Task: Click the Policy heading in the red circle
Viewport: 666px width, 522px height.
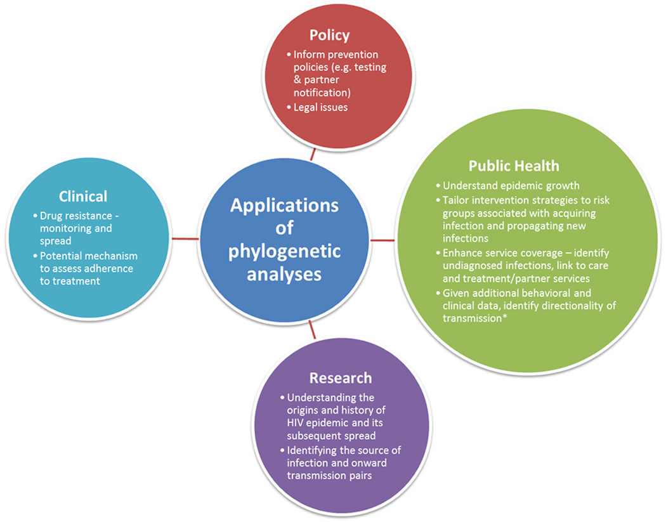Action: click(x=329, y=34)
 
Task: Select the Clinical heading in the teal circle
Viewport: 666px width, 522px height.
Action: click(x=83, y=196)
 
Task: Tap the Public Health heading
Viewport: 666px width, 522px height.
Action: click(x=514, y=166)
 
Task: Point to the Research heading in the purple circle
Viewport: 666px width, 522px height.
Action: click(x=341, y=378)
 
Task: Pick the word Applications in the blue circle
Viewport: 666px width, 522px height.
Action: click(x=284, y=206)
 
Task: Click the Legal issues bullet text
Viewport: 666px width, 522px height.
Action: click(x=320, y=107)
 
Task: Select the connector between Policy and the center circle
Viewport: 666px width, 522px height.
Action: click(x=312, y=154)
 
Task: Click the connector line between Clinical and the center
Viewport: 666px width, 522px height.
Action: click(x=186, y=238)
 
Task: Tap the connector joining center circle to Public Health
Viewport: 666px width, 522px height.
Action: click(x=382, y=240)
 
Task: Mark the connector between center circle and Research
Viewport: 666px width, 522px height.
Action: click(x=312, y=329)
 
